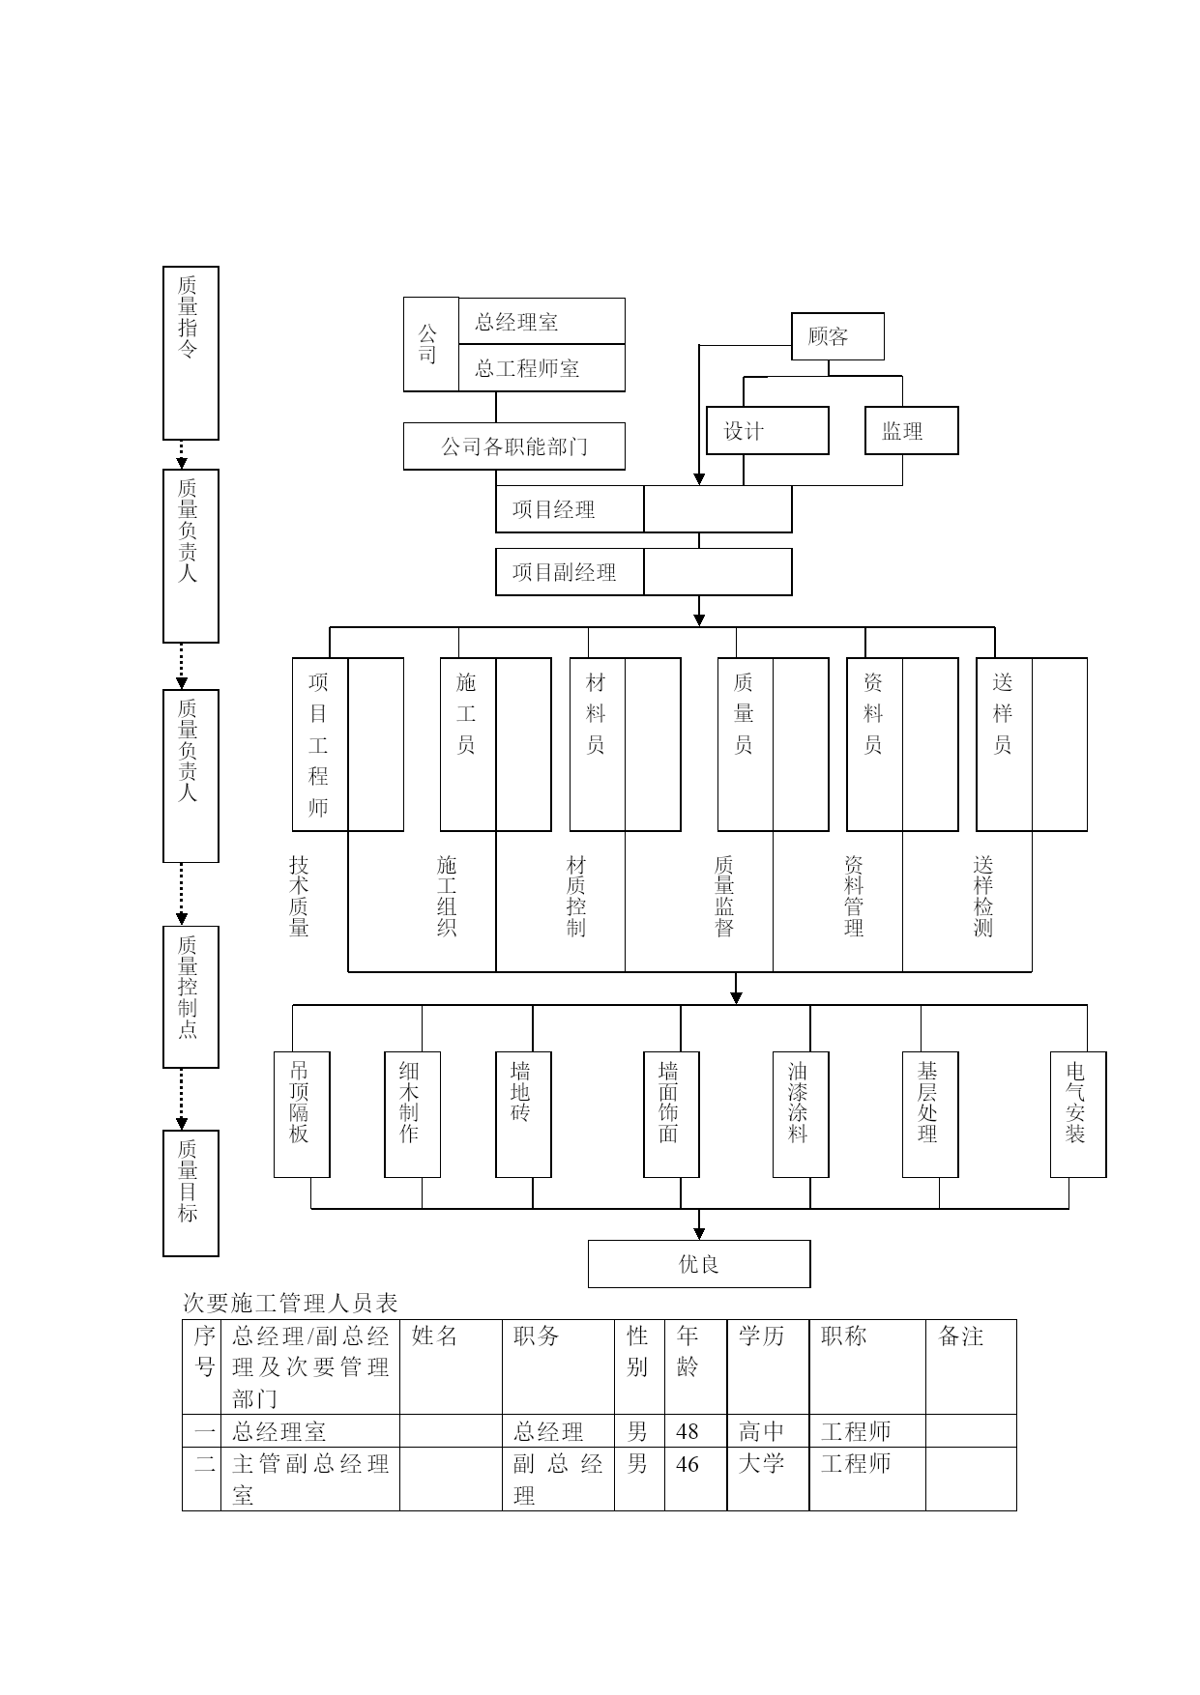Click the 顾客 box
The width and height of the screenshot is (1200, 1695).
(837, 336)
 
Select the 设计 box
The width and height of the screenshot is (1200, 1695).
(768, 431)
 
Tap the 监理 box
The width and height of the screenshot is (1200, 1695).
(912, 431)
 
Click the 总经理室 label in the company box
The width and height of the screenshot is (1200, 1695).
(516, 322)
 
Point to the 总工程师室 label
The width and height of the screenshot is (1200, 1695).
(527, 368)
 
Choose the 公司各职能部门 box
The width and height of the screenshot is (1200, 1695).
(514, 446)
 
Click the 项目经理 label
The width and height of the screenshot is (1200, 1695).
(553, 509)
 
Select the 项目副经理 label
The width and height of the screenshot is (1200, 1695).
(564, 572)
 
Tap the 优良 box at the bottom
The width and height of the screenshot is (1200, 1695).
(699, 1264)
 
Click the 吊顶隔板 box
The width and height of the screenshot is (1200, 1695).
(302, 1115)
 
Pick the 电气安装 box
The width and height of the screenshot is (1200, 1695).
(1078, 1115)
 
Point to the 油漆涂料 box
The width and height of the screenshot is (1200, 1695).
(801, 1115)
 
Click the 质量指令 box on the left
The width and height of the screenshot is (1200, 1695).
(190, 353)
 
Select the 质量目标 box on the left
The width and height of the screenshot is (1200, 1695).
(190, 1193)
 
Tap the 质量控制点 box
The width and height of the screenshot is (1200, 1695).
(190, 997)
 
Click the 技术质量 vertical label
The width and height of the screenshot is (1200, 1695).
(300, 896)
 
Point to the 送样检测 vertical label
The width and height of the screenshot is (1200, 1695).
(983, 896)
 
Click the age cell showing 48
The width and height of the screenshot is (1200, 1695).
(688, 1431)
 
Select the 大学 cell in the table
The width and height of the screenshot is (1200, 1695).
(761, 1463)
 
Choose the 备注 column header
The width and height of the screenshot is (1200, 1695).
(961, 1336)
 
